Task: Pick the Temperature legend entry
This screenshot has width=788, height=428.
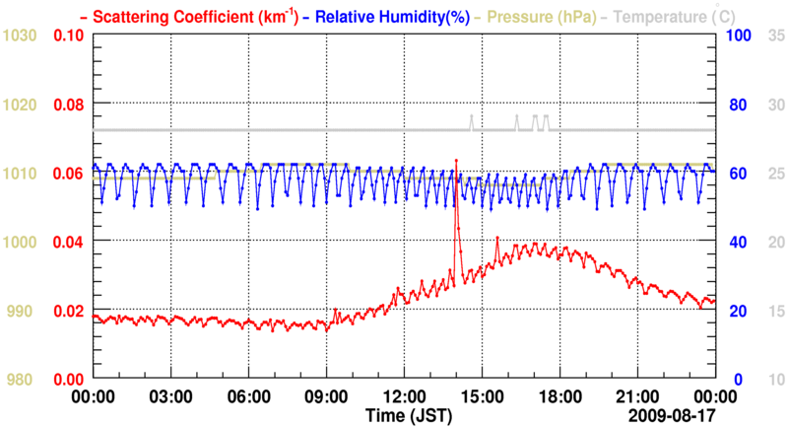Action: click(669, 16)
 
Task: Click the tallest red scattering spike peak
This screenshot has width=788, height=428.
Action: click(456, 161)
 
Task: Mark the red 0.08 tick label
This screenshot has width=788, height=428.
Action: click(69, 105)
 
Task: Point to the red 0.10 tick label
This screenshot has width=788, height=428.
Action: click(69, 36)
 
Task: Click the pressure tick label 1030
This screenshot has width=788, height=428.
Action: click(20, 36)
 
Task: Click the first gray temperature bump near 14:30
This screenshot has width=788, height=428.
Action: click(471, 117)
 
